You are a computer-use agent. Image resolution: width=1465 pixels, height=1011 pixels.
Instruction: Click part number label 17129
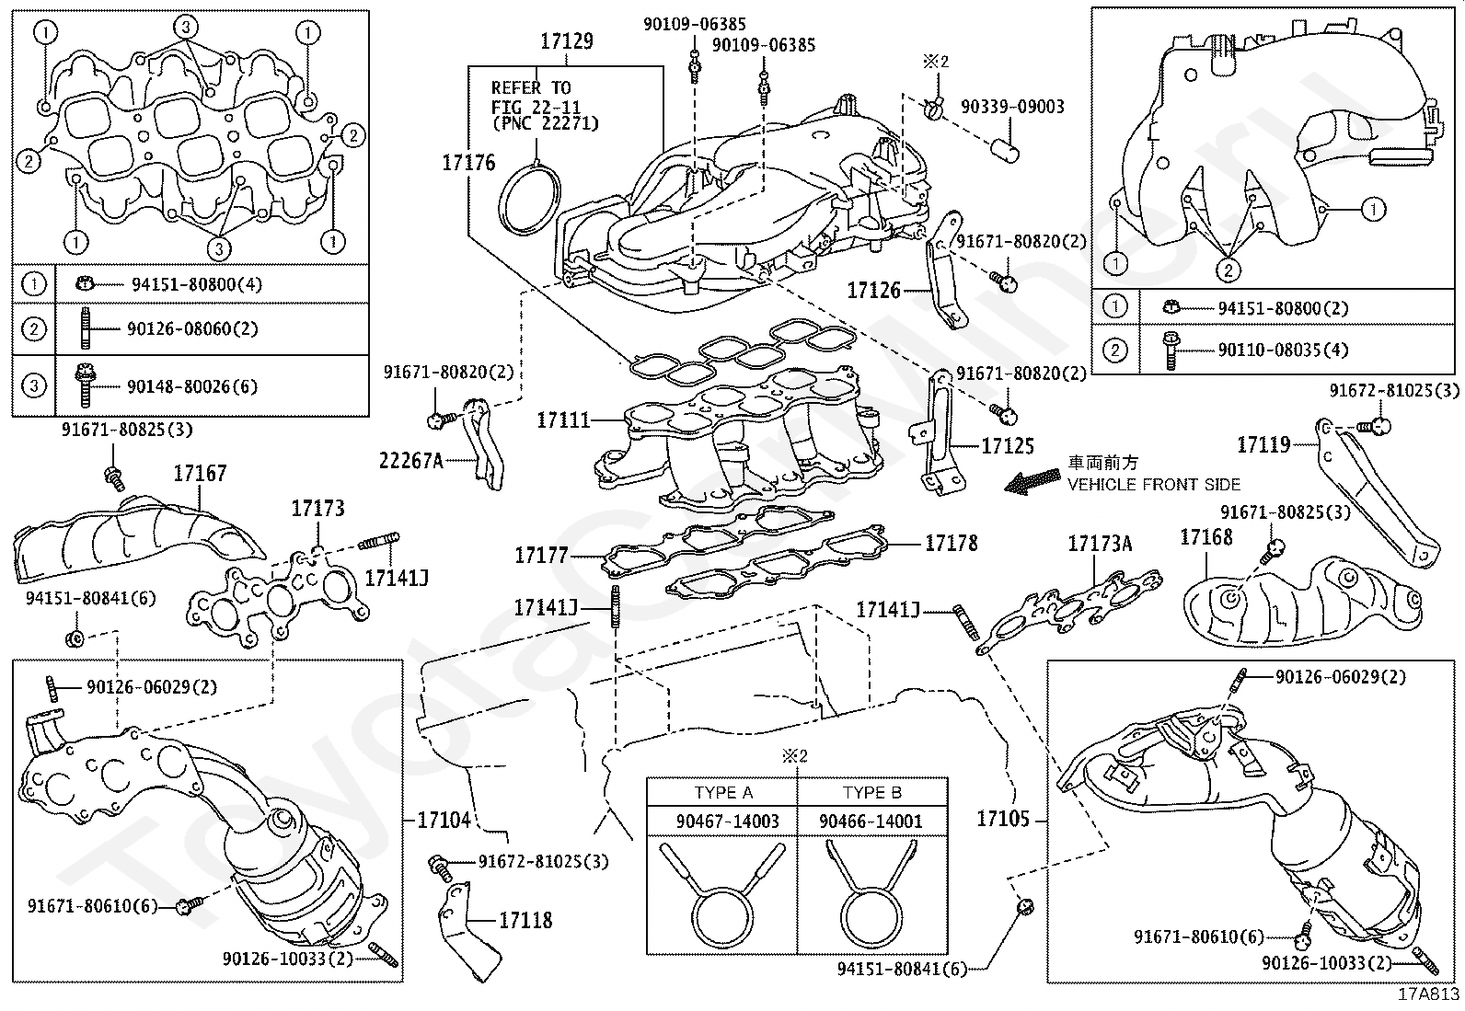(x=566, y=41)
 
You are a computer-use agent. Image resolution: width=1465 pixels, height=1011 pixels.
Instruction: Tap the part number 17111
(x=563, y=420)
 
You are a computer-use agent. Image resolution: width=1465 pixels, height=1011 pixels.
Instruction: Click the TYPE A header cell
(x=722, y=793)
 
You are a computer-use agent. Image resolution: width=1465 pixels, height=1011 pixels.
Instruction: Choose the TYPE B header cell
(x=871, y=793)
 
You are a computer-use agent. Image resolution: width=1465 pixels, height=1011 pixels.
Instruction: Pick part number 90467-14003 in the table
(x=722, y=821)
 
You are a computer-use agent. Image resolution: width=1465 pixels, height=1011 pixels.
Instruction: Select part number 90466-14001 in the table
(x=871, y=821)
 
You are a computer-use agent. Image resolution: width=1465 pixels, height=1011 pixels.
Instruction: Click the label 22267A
(x=411, y=460)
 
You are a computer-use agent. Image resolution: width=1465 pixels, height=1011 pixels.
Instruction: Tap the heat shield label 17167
(x=200, y=474)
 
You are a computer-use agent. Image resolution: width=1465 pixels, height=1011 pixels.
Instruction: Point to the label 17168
(x=1205, y=536)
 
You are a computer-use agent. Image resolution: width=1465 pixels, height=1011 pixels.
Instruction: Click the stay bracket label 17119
(x=1263, y=445)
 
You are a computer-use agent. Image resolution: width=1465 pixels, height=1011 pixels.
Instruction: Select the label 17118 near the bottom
(x=525, y=920)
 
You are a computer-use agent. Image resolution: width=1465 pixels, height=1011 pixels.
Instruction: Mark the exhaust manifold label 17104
(x=444, y=820)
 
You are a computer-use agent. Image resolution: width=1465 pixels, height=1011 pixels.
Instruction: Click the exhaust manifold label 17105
(x=1003, y=819)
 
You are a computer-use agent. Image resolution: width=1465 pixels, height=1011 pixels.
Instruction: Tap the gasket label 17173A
(x=1100, y=544)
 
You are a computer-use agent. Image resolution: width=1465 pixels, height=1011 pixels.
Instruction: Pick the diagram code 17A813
(x=1429, y=994)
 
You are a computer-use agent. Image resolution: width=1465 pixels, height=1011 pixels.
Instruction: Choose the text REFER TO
(x=531, y=88)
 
